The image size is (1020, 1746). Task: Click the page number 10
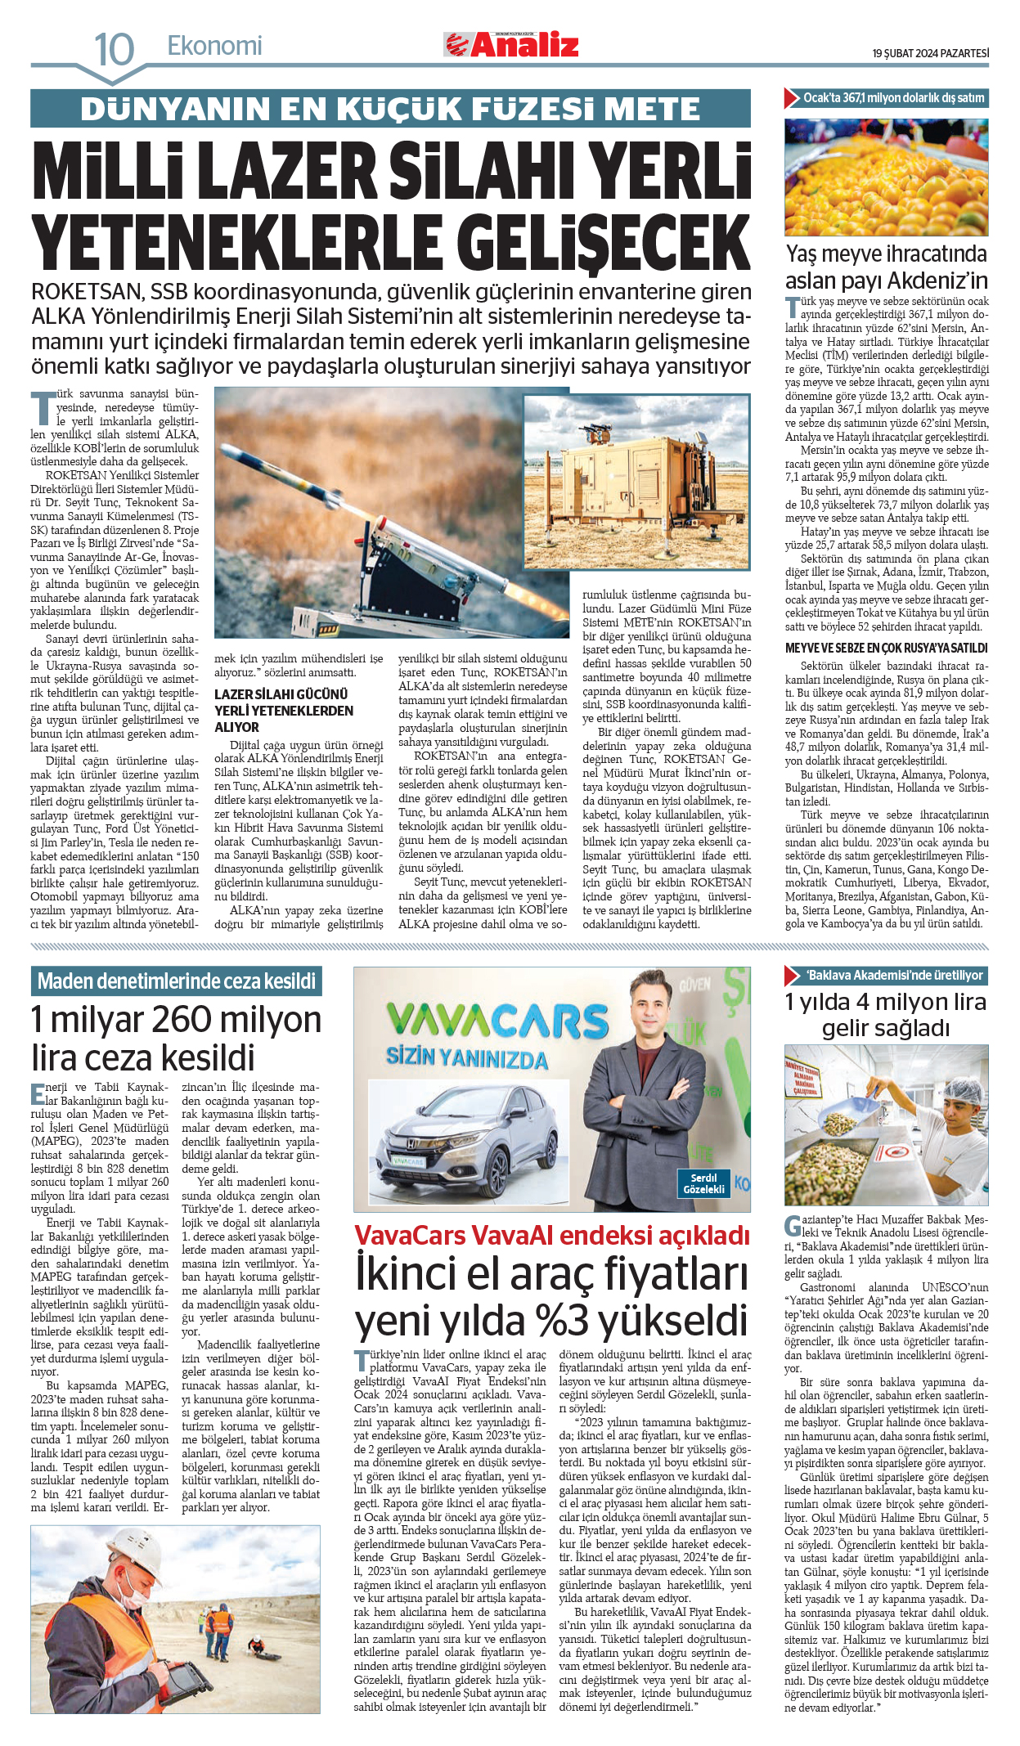coord(114,49)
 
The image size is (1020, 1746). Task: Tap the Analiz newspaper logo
coord(512,44)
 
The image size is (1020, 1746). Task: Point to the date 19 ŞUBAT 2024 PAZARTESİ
coord(930,53)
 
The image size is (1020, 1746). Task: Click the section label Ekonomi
coord(214,46)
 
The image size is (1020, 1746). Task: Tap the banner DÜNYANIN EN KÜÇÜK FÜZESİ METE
coord(390,109)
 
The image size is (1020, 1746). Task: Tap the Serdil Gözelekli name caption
coord(703,1183)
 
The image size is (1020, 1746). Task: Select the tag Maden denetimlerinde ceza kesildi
coord(176,981)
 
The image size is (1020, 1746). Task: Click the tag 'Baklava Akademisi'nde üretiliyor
coord(894,975)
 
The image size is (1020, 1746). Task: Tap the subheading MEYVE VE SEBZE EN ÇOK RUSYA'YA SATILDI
coord(886,648)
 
